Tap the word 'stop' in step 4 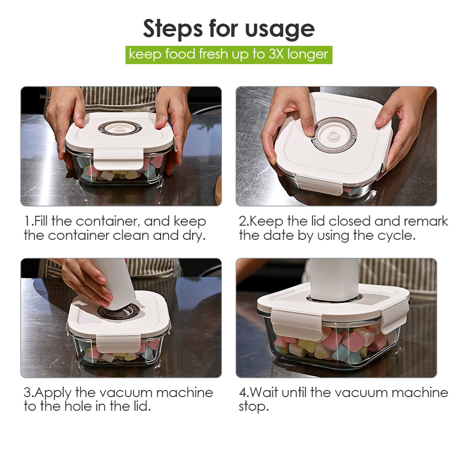coord(253,407)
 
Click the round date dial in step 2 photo coord(334,136)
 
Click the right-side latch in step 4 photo coord(395,314)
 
